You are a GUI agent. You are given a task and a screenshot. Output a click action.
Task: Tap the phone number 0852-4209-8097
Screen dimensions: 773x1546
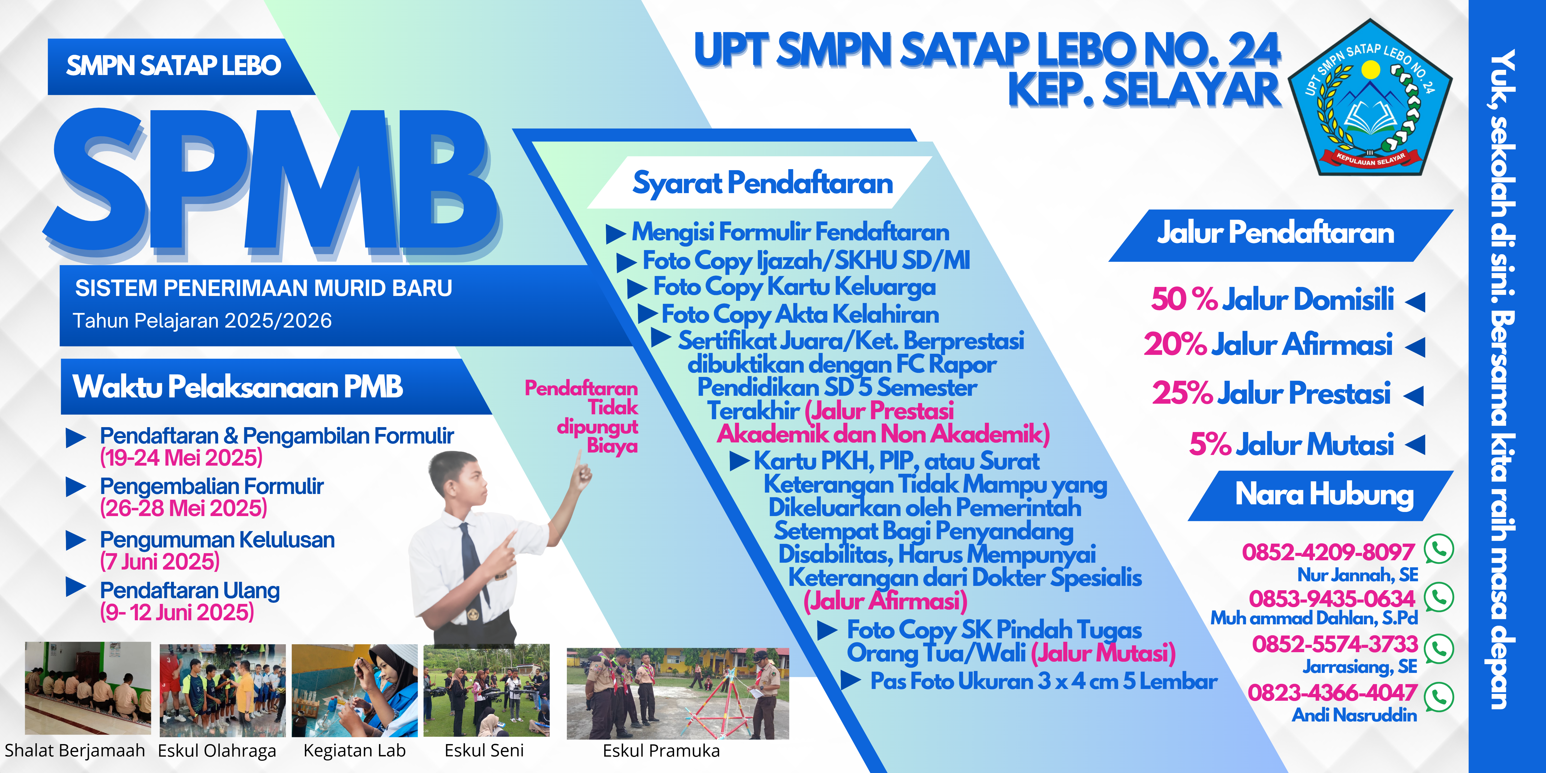[1328, 552]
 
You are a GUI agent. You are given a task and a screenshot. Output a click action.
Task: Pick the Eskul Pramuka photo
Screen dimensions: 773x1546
[678, 693]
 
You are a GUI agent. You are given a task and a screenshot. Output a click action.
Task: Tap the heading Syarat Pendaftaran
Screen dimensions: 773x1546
[762, 183]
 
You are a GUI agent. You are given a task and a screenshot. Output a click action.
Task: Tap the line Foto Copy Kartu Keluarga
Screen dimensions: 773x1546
[794, 287]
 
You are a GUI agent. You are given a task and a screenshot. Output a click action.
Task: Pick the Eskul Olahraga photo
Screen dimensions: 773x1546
[222, 690]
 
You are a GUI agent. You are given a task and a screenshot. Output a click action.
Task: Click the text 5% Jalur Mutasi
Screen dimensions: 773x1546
[1291, 445]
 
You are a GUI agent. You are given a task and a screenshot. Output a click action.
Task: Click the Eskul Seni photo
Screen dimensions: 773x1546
[486, 690]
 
